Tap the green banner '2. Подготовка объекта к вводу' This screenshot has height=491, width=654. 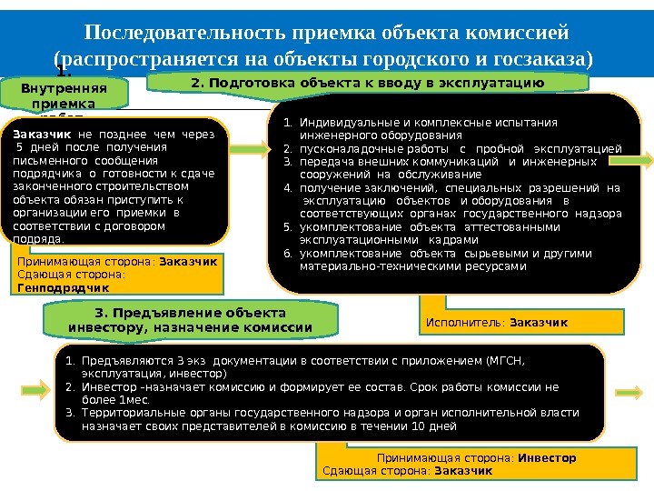pyautogui.click(x=367, y=84)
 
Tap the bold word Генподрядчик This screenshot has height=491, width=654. pyautogui.click(x=55, y=287)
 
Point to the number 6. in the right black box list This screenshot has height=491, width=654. pyautogui.click(x=286, y=254)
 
